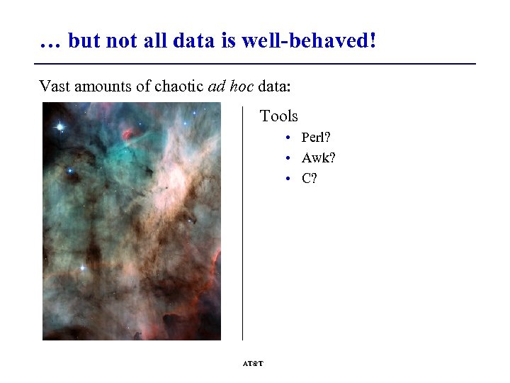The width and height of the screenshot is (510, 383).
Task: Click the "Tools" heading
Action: click(x=279, y=116)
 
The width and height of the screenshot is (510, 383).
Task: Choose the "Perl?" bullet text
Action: click(x=318, y=138)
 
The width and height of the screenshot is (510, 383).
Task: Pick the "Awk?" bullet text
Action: click(x=319, y=157)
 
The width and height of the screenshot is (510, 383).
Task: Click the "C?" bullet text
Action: click(x=310, y=178)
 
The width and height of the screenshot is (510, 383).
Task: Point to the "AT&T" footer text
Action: click(x=253, y=363)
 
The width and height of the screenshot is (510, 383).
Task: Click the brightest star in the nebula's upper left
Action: click(x=60, y=127)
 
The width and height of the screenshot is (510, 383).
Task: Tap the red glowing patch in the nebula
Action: click(x=129, y=133)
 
